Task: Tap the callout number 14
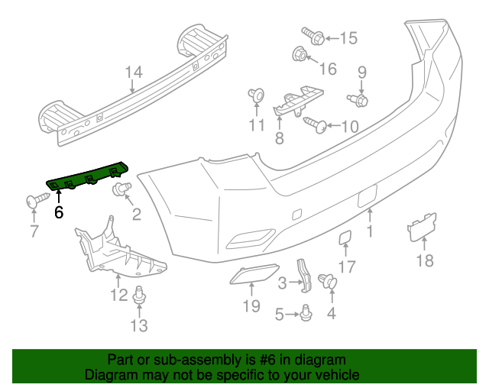coord(134,73)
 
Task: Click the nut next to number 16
coord(300,53)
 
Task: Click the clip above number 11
coord(256,95)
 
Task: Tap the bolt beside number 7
coord(35,200)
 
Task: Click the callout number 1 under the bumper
coord(371,231)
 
